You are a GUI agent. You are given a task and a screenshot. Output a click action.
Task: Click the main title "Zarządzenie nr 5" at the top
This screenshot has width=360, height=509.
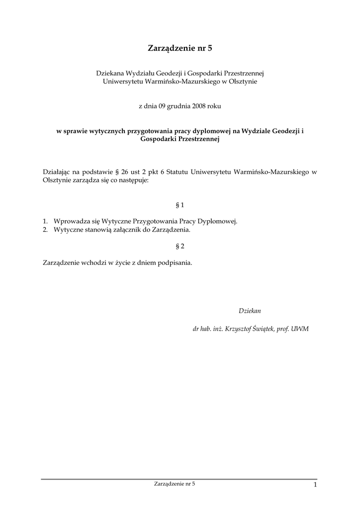pyautogui.click(x=180, y=48)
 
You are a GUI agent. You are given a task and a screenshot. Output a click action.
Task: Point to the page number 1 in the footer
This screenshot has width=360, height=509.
pyautogui.click(x=315, y=485)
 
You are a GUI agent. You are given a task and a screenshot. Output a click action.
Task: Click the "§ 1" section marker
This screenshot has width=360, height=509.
pyautogui.click(x=180, y=204)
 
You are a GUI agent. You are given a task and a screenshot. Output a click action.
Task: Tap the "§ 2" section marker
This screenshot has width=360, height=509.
pyautogui.click(x=180, y=246)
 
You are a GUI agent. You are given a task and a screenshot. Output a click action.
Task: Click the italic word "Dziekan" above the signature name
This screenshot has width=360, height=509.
pyautogui.click(x=250, y=311)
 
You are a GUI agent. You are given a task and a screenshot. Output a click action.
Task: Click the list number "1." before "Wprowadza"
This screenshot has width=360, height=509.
pyautogui.click(x=45, y=221)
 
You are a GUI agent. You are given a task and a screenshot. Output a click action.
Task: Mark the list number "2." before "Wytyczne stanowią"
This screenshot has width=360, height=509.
pyautogui.click(x=45, y=230)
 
